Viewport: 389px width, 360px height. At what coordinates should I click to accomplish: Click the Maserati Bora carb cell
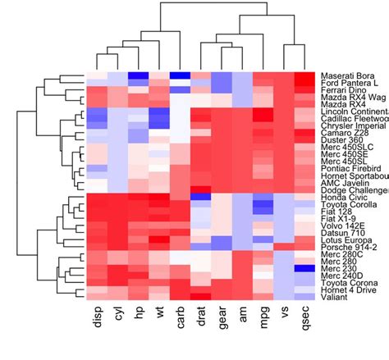[x=181, y=75]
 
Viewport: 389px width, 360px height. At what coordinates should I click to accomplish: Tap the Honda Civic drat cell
[x=202, y=197]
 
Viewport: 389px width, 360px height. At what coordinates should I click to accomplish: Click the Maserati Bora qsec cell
[x=306, y=75]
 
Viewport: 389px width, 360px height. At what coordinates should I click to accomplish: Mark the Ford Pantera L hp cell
[x=139, y=83]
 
